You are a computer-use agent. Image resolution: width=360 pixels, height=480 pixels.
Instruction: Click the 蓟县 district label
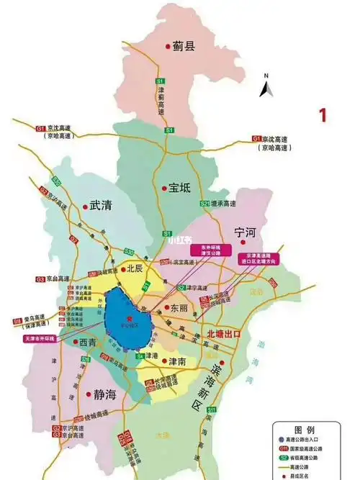(x=184, y=47)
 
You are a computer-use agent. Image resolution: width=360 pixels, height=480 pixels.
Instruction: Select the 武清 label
(x=102, y=205)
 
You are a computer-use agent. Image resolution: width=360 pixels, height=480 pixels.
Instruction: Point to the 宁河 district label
(x=246, y=232)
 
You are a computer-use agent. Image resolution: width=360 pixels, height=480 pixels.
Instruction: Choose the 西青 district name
(x=88, y=341)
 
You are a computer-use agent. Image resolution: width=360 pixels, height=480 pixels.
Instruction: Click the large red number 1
(x=323, y=114)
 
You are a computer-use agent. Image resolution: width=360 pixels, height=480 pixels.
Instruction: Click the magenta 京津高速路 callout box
(x=261, y=260)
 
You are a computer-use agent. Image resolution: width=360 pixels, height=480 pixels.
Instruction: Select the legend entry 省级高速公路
(x=318, y=458)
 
